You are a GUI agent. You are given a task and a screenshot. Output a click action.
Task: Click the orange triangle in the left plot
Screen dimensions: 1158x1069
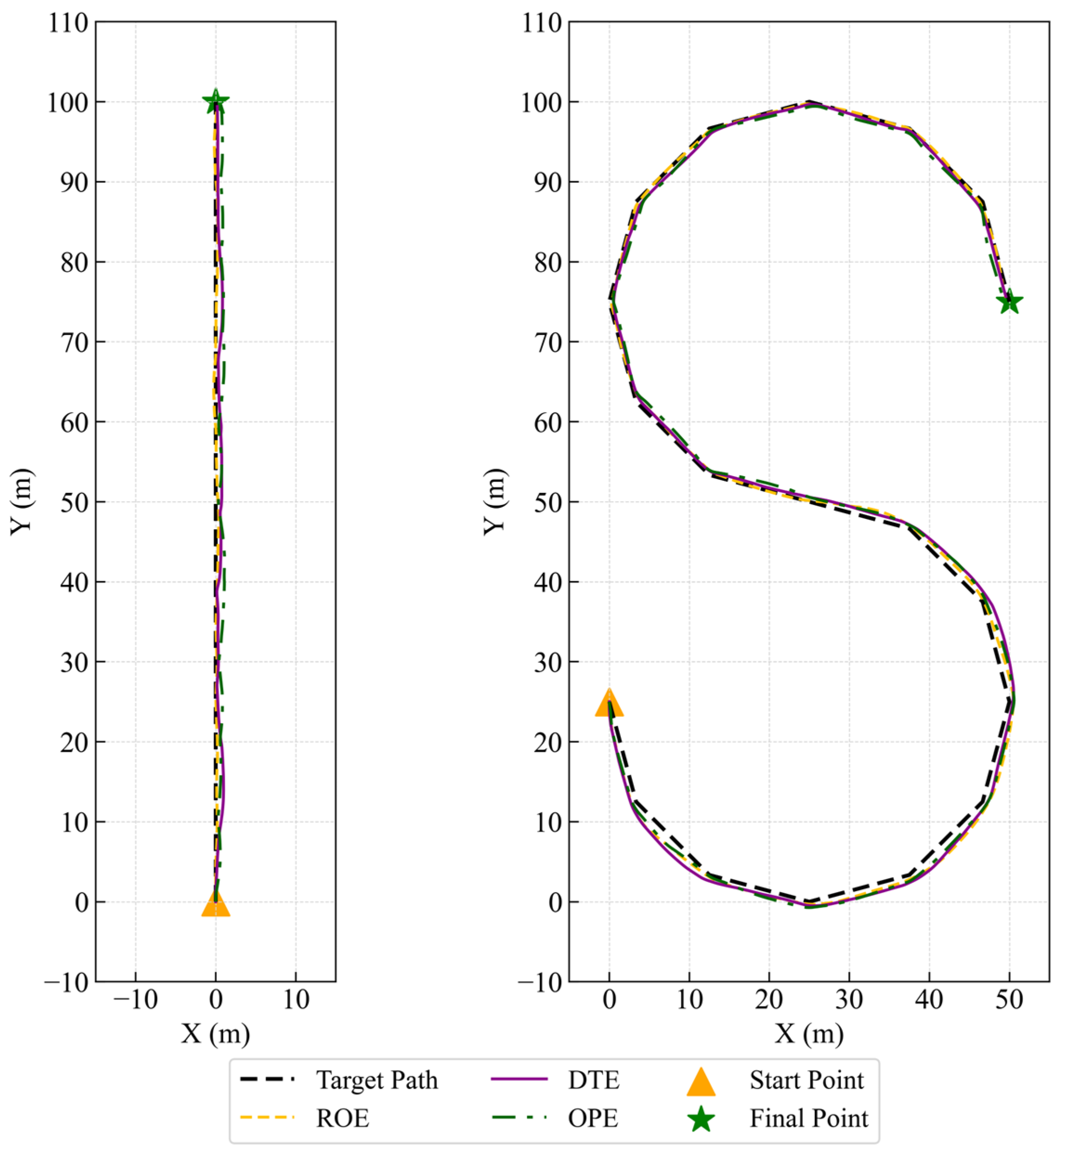click(x=216, y=904)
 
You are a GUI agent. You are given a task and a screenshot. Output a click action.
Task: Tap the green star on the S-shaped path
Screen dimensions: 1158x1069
click(x=1010, y=301)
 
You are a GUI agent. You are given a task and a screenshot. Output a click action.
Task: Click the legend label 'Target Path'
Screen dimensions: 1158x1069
click(x=377, y=1080)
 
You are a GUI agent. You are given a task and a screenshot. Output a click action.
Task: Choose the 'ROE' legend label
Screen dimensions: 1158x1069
click(x=342, y=1119)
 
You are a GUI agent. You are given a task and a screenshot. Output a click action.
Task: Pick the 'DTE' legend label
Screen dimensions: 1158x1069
click(x=593, y=1080)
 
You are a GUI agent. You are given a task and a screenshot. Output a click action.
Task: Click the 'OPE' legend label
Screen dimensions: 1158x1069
click(x=593, y=1119)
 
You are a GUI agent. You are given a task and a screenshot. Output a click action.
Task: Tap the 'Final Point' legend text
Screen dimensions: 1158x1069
click(x=808, y=1119)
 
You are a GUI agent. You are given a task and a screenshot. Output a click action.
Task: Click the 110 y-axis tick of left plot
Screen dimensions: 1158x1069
click(x=68, y=23)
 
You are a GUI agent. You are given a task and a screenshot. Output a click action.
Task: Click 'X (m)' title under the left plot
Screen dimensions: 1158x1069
click(x=216, y=1034)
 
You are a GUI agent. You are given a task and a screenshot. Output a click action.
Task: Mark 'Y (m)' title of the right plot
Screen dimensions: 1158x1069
click(x=495, y=502)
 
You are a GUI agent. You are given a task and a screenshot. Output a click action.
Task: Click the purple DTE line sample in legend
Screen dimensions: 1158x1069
click(x=519, y=1080)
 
